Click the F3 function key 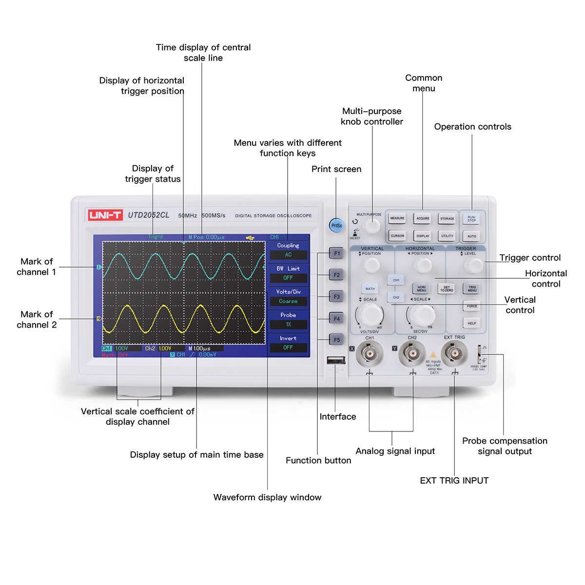point(337,296)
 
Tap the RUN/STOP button point(471,219)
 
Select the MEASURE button point(397,218)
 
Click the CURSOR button point(397,236)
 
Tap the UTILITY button point(447,236)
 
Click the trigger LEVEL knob point(473,265)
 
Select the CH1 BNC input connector point(369,353)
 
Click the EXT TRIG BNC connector point(454,352)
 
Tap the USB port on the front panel point(336,360)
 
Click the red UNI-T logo point(105,215)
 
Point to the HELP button point(471,323)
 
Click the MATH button point(370,289)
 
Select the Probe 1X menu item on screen point(288,320)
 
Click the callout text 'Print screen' point(336,169)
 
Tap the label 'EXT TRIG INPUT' point(454,481)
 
